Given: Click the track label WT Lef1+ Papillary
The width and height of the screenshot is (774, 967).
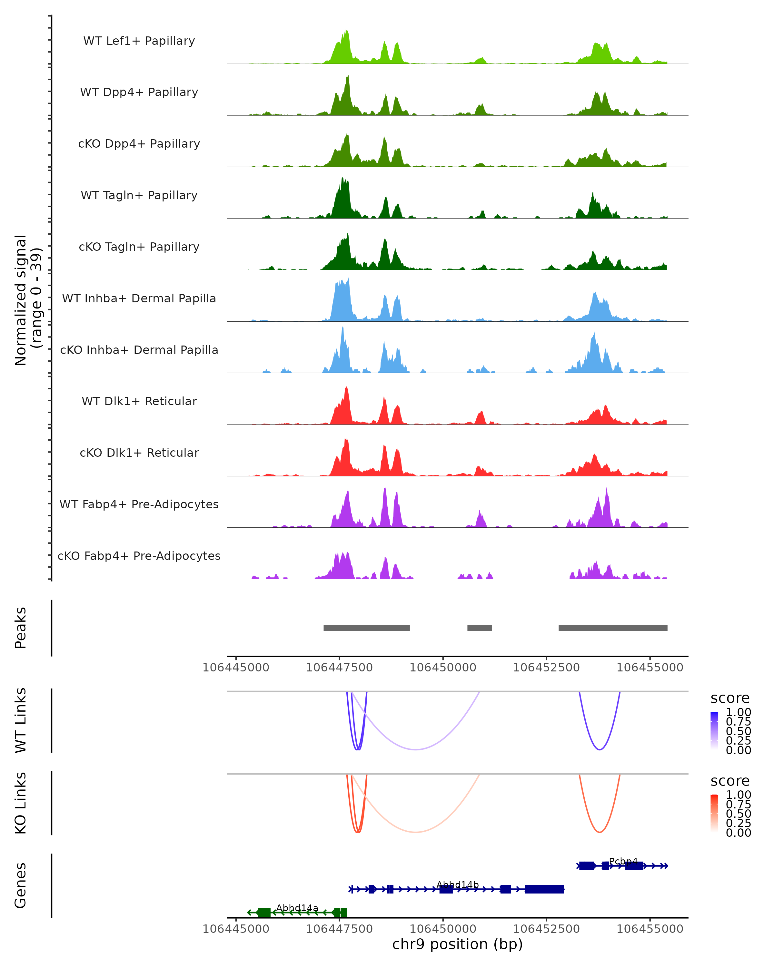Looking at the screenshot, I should (x=139, y=41).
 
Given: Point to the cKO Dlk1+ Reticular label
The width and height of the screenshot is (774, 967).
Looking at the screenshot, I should (x=139, y=453).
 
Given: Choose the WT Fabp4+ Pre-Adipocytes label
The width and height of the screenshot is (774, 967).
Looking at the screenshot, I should (x=139, y=504).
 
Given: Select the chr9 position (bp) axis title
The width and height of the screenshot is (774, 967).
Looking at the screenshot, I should (x=457, y=944).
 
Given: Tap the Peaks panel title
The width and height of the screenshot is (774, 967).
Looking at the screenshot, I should (x=21, y=628).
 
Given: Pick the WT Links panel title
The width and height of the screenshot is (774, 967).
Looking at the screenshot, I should (x=21, y=720).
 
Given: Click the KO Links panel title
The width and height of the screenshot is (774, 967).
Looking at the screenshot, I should (x=21, y=803).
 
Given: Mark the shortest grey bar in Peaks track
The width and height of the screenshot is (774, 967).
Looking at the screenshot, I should (x=479, y=628).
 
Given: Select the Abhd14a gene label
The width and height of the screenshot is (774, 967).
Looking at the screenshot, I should (x=297, y=908).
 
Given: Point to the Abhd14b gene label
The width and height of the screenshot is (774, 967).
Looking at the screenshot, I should (x=457, y=884).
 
